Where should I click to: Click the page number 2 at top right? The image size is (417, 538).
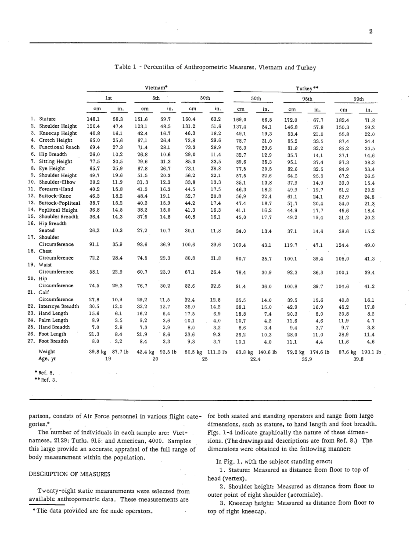pos(371,31)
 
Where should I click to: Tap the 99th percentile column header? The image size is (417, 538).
pos(359,99)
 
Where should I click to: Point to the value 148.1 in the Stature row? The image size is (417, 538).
pos(93,119)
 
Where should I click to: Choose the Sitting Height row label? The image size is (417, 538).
pos(56,161)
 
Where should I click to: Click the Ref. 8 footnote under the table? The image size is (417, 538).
pos(44,372)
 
